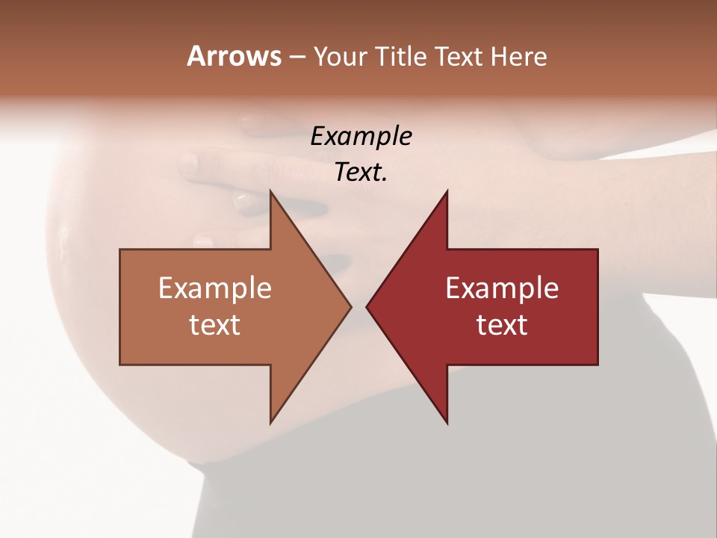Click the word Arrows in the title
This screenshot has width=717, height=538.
pos(234,56)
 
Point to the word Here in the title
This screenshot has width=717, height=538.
pos(518,57)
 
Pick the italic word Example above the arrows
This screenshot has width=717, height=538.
pos(361,137)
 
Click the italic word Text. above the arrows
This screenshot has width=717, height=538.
pos(361,173)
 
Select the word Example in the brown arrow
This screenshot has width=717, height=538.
pos(215,288)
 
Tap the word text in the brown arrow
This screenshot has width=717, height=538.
pos(215,325)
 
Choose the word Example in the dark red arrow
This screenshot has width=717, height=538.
pos(502,288)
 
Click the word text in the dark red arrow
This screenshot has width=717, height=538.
pos(502,325)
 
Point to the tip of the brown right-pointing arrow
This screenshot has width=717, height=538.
pos(350,306)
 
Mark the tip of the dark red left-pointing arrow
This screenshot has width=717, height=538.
pos(367,306)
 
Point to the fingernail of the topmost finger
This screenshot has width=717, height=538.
pos(187,161)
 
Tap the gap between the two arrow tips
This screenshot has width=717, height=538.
pos(358,306)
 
